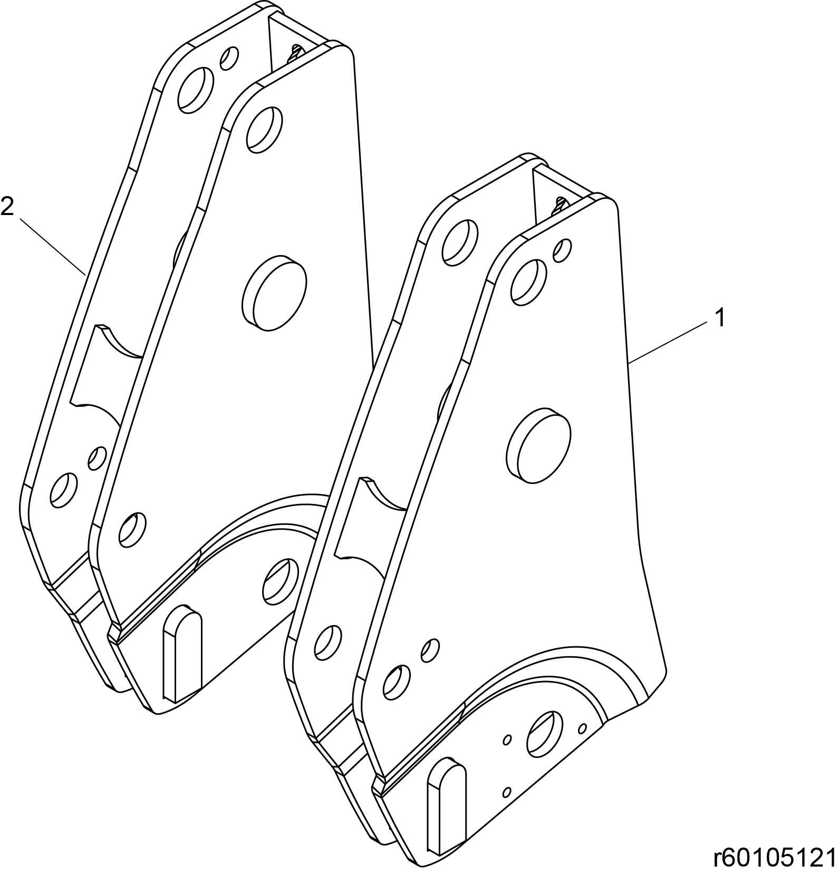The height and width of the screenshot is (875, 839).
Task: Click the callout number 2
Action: pos(7,206)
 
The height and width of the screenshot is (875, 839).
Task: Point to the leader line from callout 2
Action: pos(53,246)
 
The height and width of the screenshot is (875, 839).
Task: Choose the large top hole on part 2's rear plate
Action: pos(196,89)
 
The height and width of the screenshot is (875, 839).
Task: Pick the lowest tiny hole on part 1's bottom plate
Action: pos(507,792)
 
